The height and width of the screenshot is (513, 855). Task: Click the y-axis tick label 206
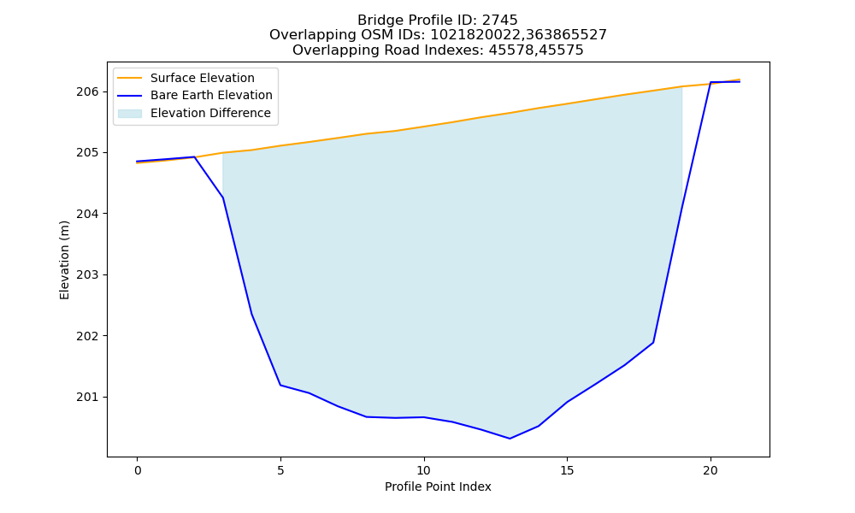88,91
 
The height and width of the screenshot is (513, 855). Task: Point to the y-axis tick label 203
88,274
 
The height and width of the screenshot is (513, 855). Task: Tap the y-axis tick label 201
88,397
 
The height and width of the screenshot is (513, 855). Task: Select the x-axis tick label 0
138,470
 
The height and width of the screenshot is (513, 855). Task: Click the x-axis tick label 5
280,470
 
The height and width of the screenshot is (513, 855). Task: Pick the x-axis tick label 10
424,470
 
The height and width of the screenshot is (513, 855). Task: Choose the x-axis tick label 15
567,470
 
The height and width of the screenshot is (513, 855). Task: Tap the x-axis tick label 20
711,470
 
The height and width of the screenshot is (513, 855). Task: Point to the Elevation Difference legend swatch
130,114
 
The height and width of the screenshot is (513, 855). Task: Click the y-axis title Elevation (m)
64,260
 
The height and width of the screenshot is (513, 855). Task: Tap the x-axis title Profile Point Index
438,486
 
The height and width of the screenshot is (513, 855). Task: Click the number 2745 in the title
499,21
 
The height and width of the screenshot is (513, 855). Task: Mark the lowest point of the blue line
510,439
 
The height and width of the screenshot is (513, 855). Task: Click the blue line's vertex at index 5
280,385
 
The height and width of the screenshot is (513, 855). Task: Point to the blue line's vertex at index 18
653,342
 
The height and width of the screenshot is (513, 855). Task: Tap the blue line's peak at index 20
711,82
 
